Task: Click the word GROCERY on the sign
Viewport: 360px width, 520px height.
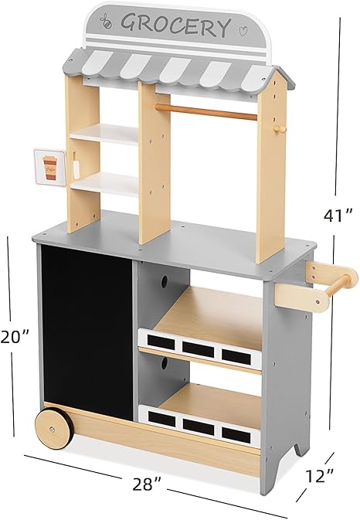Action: click(175, 24)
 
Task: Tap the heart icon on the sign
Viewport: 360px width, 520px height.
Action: click(243, 31)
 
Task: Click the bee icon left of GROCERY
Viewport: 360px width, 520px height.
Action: click(107, 21)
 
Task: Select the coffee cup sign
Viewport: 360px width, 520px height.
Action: click(50, 167)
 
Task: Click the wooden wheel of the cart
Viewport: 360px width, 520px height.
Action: click(54, 429)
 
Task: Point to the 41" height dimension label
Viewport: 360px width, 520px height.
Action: click(338, 216)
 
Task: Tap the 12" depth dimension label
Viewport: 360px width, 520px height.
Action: click(320, 476)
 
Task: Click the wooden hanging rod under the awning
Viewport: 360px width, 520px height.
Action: click(206, 112)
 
